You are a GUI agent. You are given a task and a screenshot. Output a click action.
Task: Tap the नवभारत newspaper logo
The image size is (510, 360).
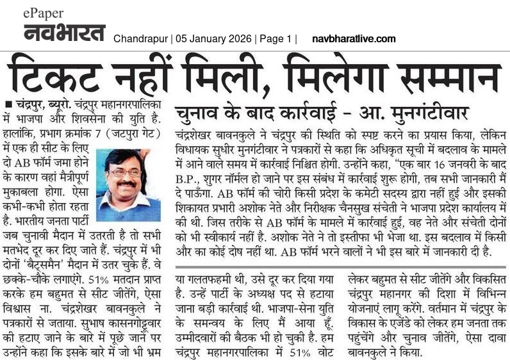65,32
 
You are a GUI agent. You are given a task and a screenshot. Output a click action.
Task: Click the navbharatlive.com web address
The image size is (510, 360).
354,39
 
